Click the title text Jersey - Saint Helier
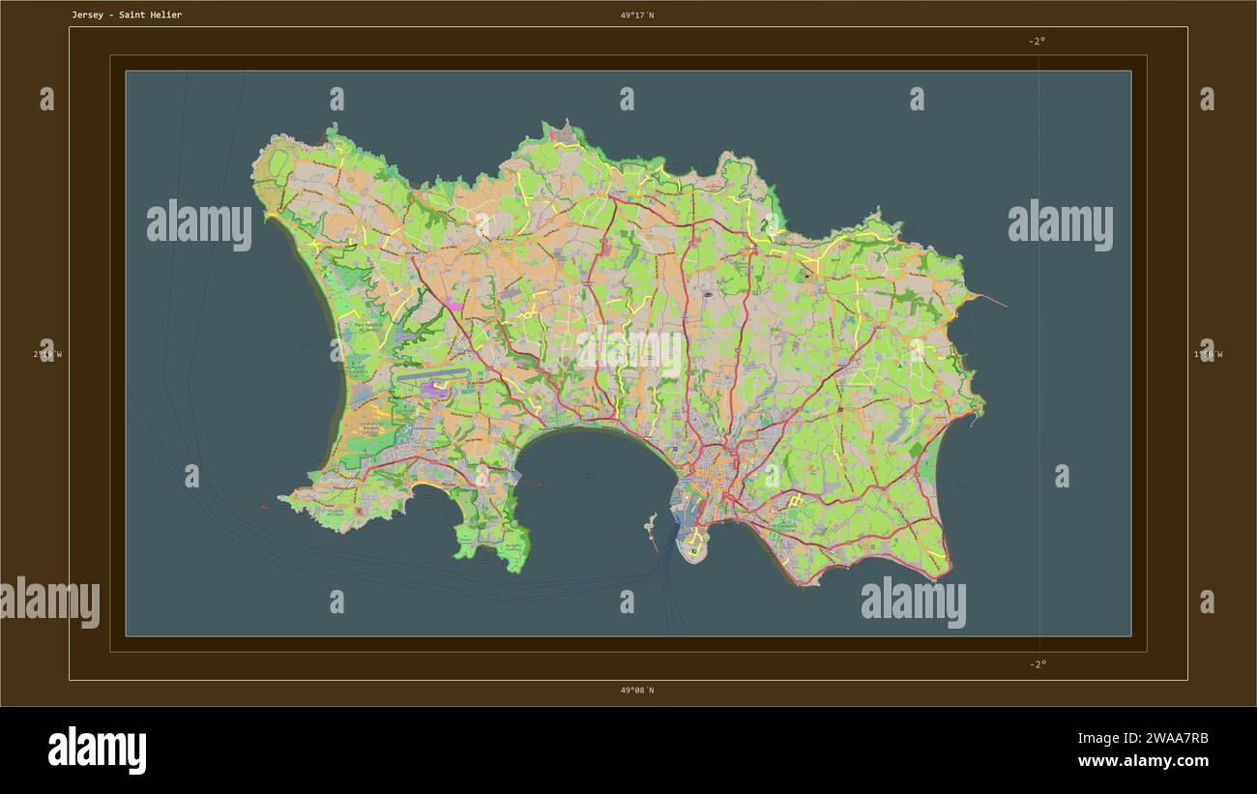(x=126, y=15)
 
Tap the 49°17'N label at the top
(x=637, y=15)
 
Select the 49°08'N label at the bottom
(x=637, y=690)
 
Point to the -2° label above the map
(x=1037, y=41)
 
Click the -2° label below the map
(x=1037, y=663)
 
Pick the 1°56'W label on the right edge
(x=1208, y=354)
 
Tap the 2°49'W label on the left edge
(x=47, y=354)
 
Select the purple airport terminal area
(x=431, y=389)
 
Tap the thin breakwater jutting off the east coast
(x=991, y=300)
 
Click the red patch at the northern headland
(x=554, y=136)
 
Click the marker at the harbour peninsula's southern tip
(x=693, y=551)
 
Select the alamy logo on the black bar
(x=97, y=750)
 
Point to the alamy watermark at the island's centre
(x=629, y=354)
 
